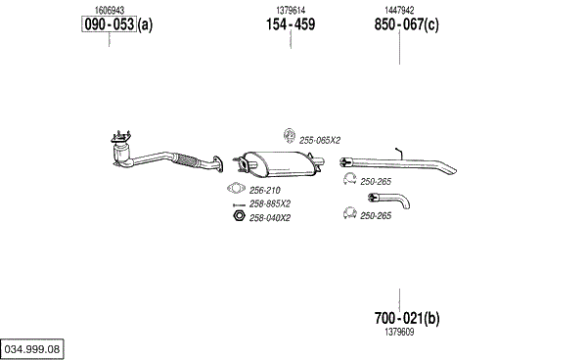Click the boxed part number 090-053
point(109,24)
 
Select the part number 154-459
point(291,24)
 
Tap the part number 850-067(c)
point(407,24)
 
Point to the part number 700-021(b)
point(407,318)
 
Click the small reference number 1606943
point(110,10)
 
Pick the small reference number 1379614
point(291,10)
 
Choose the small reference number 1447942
point(399,10)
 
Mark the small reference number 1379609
point(399,332)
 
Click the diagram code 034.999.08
point(32,349)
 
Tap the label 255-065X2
point(320,140)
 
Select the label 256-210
point(265,191)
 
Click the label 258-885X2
point(270,203)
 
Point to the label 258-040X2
point(270,218)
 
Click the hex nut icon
point(239,216)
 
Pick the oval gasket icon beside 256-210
point(236,188)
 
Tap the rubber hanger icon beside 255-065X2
point(289,135)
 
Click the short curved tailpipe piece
point(389,200)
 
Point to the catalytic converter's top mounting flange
point(120,138)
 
